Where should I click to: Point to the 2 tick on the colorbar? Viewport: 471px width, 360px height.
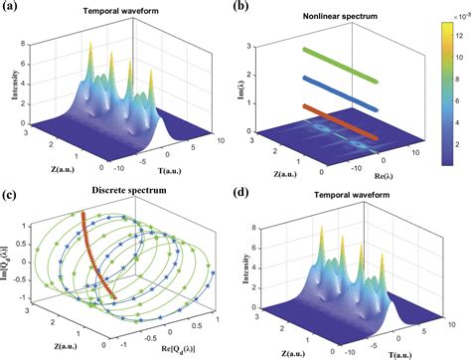(x=460, y=148)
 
